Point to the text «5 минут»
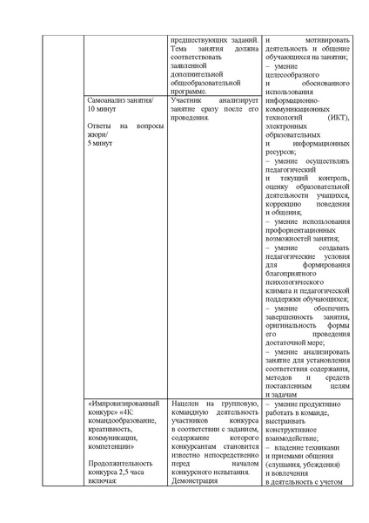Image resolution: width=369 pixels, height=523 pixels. tap(101, 143)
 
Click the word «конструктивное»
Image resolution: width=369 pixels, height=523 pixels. tap(295, 429)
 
